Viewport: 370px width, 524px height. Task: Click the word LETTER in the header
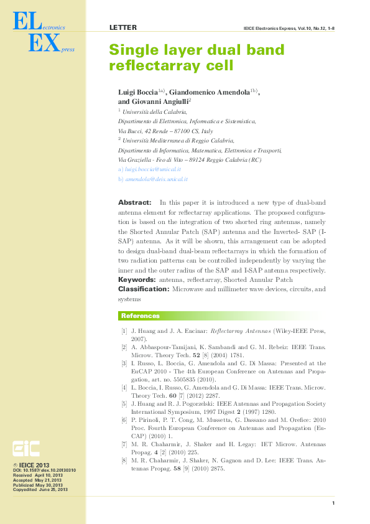click(x=123, y=28)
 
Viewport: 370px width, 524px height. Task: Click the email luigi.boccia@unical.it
click(x=153, y=169)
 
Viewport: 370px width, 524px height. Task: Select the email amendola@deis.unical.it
click(x=156, y=179)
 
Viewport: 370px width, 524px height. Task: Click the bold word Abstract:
click(x=134, y=203)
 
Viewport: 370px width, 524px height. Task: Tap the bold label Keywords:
click(x=137, y=280)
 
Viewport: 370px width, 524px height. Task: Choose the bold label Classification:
click(x=144, y=289)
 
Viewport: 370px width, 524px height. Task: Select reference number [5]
click(x=124, y=404)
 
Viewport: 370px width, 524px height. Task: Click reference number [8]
click(x=124, y=461)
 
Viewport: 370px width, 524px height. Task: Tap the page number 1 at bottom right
click(x=334, y=503)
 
